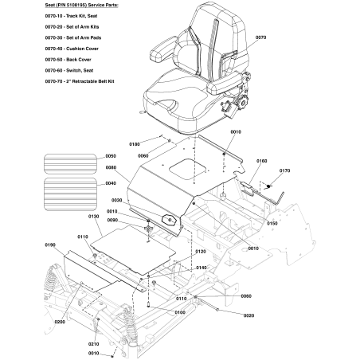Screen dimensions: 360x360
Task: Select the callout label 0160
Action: click(x=261, y=160)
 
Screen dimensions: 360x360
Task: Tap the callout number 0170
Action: click(x=285, y=170)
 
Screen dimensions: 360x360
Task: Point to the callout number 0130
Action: click(x=93, y=216)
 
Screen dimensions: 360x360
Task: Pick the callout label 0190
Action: click(x=51, y=245)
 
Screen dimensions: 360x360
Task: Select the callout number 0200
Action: click(x=60, y=321)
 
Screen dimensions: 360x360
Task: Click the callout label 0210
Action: click(x=93, y=343)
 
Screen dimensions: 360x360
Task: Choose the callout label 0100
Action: click(x=181, y=313)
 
